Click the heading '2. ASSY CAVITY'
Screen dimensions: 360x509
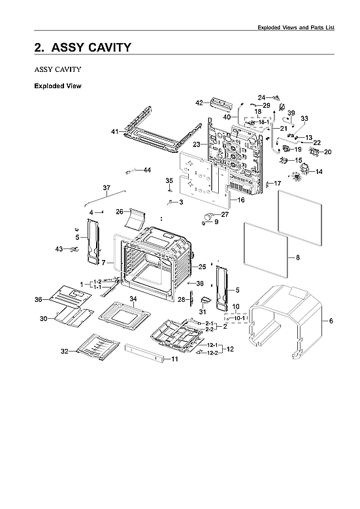(83, 48)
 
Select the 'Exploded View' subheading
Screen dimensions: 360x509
(57, 86)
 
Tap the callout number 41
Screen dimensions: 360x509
(115, 131)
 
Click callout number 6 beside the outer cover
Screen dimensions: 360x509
(331, 321)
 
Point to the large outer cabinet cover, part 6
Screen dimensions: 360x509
(286, 321)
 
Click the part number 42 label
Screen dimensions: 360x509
(199, 103)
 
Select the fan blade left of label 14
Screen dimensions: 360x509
(295, 176)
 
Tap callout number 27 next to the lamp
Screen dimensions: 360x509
(225, 214)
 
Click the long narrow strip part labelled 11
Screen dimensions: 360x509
(144, 353)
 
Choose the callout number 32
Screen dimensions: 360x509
(65, 351)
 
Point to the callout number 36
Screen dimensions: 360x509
(39, 299)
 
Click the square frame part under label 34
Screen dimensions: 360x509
(125, 316)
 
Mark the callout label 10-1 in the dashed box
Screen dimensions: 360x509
(240, 318)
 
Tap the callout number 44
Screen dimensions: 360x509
(148, 170)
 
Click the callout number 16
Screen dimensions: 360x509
(241, 200)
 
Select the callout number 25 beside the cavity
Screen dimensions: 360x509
(203, 267)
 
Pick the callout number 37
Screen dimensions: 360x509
(106, 188)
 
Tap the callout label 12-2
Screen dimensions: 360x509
(212, 353)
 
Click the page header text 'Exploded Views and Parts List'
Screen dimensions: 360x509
(296, 27)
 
